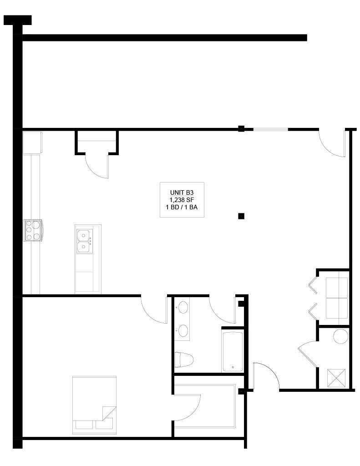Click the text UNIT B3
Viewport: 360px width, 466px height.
point(182,192)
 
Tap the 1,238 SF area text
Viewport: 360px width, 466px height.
point(182,200)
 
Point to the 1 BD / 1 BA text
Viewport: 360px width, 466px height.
point(182,207)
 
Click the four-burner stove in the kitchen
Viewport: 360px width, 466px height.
point(33,230)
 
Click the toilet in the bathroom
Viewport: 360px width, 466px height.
point(184,360)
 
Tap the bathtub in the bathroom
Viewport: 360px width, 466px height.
point(233,351)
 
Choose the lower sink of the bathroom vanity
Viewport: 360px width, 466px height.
point(183,330)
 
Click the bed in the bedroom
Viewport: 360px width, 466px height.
point(94,405)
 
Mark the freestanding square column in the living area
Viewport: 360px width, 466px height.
point(241,216)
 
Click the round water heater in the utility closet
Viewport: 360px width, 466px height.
point(341,336)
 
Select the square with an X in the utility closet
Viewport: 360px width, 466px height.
point(336,378)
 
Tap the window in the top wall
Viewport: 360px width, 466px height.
point(270,129)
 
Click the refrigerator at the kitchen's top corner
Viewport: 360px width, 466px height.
point(32,142)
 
